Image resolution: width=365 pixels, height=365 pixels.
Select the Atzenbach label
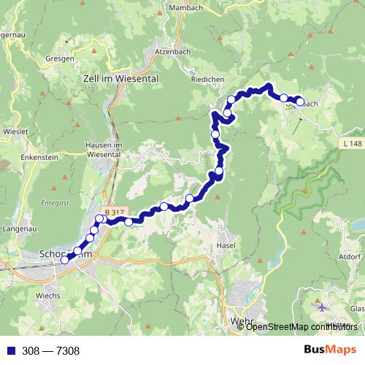click(172, 53)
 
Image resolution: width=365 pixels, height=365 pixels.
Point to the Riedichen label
click(207, 80)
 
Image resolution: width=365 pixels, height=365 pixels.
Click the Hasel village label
click(225, 245)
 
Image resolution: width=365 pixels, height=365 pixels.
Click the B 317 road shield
click(113, 212)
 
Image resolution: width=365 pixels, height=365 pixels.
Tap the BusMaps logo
click(330, 350)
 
